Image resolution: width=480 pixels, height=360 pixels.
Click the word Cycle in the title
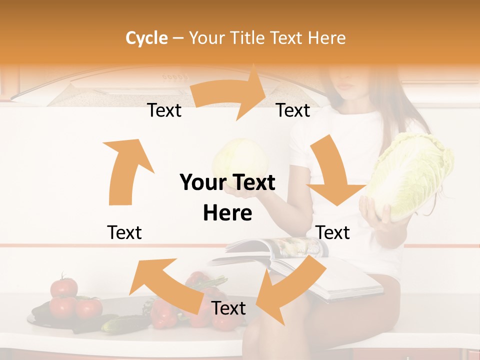(x=146, y=38)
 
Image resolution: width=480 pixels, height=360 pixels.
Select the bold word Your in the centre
(x=203, y=183)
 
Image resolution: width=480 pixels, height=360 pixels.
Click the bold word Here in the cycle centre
(x=227, y=213)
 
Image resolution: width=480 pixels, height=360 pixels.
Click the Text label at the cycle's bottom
(x=228, y=308)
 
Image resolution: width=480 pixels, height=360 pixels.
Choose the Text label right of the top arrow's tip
(x=293, y=110)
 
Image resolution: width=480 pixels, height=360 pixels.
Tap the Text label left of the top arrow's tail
(x=164, y=110)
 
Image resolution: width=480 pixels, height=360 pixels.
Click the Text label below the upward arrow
(x=124, y=232)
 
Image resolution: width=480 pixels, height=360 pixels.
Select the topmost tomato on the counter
(x=64, y=287)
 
